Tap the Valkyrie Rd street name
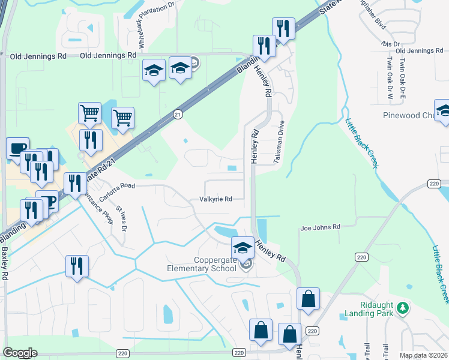[216, 199]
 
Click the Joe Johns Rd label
[320, 227]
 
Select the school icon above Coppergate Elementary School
[242, 247]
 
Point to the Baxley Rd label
[5, 259]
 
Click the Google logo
[20, 353]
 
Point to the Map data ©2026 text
[424, 355]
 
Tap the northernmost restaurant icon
[283, 28]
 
